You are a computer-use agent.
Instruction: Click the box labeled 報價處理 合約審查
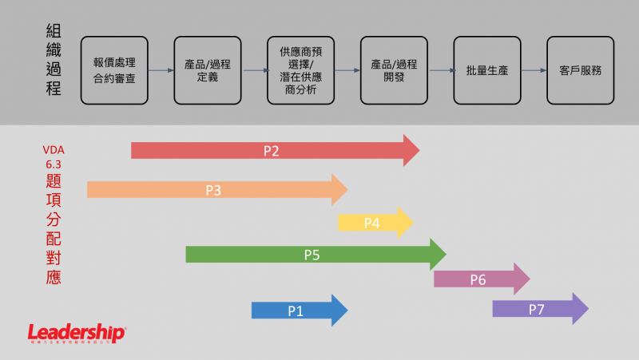114,70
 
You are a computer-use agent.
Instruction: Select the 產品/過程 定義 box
208,70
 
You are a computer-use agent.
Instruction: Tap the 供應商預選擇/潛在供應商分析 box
301,70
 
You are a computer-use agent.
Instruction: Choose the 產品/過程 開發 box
394,70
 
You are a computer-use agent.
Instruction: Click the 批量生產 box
487,70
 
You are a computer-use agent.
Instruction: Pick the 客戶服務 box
581,70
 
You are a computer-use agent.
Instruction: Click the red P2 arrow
272,150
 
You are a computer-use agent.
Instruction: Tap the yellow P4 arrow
373,223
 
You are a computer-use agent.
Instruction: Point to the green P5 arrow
312,255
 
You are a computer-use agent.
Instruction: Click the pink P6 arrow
478,279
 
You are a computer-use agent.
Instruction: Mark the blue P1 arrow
296,311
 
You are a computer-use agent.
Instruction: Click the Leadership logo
77,333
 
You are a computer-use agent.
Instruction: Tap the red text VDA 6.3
54,156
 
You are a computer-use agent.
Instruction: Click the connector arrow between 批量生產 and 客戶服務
534,70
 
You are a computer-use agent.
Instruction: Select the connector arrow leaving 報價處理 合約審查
161,70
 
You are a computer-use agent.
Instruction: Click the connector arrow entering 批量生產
441,70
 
